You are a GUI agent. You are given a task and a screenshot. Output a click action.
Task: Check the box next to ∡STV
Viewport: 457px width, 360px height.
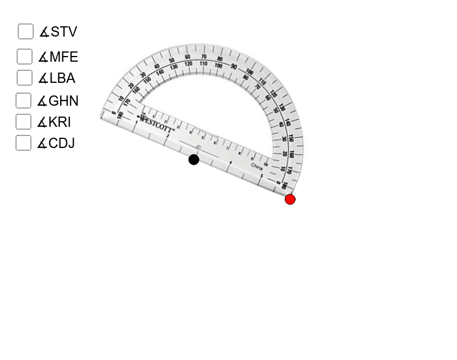coord(26,31)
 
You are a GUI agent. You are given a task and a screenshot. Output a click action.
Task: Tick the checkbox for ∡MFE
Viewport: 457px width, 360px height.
coord(25,57)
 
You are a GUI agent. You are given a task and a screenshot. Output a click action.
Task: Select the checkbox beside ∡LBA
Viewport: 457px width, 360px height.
coord(25,78)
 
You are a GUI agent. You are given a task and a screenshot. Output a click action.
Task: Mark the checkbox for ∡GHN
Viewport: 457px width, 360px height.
coord(23,101)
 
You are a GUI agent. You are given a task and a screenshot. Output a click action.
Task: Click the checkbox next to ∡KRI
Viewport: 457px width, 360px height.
coord(23,122)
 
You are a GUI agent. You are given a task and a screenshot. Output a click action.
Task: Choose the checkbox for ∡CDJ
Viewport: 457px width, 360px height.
coord(23,143)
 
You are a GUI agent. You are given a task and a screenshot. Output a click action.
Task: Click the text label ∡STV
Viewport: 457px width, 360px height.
coord(58,31)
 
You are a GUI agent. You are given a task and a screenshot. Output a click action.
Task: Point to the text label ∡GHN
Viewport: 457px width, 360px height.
coord(58,101)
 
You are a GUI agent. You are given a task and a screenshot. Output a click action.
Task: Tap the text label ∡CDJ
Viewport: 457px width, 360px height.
coord(56,143)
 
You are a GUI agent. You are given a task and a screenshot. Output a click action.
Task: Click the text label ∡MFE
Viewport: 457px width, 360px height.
coord(58,57)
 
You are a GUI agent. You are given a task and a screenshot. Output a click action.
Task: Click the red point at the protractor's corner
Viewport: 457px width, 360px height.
coord(290,199)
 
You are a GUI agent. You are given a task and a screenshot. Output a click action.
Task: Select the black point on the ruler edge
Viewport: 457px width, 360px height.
coord(194,159)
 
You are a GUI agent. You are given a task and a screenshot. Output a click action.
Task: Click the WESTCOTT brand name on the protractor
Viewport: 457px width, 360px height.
coord(156,121)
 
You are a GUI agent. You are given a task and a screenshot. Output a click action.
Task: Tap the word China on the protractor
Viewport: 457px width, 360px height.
coord(257,166)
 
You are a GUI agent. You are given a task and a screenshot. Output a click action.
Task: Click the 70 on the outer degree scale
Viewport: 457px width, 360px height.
coord(204,57)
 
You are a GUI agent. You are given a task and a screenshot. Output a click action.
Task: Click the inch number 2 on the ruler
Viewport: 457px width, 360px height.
coord(167,136)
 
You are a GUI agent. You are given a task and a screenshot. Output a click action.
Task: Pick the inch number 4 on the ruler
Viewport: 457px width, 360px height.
coord(230,163)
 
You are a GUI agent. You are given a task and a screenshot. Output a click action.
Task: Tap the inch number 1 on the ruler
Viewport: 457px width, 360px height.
coord(136,122)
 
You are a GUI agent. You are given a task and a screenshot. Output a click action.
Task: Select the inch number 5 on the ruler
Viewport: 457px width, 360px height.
coord(261,176)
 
